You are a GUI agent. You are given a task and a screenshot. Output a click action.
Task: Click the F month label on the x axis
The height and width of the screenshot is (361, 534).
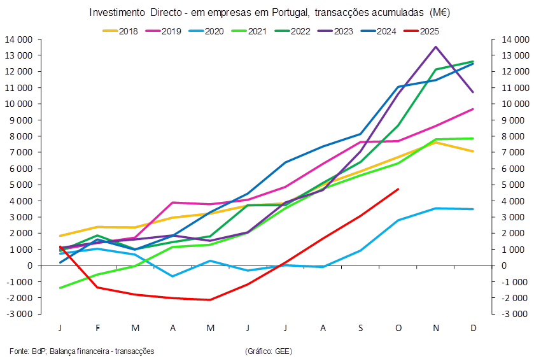coord(98,328)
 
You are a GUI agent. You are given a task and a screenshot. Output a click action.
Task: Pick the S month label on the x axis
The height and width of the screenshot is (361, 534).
coord(360,328)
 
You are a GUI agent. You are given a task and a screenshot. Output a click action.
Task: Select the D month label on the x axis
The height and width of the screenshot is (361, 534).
coord(473,328)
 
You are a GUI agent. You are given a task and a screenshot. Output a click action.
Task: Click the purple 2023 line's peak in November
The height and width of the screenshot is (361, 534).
coord(435,46)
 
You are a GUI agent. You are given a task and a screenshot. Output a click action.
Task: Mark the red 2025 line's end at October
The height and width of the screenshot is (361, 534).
coord(398,188)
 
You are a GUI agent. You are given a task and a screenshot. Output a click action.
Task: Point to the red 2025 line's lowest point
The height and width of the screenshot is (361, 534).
coord(211,299)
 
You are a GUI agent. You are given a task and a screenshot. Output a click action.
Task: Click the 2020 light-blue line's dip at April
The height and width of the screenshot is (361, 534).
coord(173,276)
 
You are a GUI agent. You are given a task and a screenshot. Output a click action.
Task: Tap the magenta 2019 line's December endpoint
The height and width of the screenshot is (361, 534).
coord(473,109)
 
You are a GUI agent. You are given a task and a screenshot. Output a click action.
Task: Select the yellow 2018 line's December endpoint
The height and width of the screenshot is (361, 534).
coord(473,151)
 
